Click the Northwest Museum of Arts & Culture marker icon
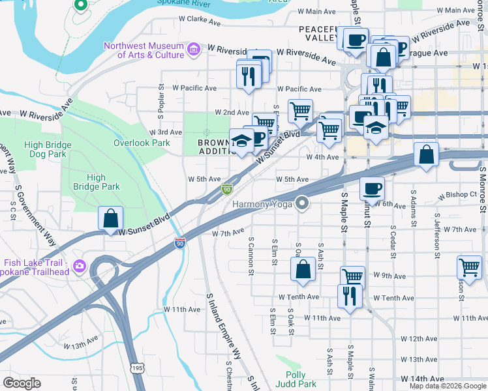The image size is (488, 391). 193,50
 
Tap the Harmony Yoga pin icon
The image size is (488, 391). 301,204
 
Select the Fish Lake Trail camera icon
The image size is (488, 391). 80,265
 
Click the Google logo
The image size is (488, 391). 22,383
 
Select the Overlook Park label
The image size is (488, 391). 142,143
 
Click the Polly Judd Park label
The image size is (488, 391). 301,380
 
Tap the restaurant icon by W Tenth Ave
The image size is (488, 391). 350,297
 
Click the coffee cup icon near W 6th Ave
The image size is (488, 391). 372,188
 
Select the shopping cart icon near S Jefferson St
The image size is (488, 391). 469,267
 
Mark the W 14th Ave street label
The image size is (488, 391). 422,378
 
